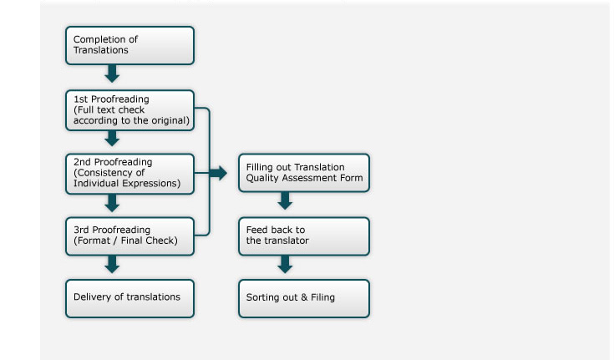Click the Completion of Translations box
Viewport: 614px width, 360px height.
129,45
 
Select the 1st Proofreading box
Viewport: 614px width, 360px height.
129,110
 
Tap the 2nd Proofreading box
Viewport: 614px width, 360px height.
129,174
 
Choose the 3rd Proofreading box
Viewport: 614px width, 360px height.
129,236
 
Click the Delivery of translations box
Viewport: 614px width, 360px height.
129,298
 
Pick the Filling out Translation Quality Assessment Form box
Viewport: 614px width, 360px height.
304,173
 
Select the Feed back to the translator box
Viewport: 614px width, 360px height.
304,236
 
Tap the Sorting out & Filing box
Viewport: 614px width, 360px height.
304,298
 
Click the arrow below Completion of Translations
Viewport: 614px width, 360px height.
112,74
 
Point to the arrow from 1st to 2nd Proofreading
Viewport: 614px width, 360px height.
112,139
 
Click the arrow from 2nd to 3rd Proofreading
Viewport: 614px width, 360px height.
112,203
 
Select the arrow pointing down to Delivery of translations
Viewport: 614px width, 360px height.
112,265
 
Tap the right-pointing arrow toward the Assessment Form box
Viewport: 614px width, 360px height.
218,173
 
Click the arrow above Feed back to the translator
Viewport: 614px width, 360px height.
285,200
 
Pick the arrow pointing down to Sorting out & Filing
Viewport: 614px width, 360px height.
285,265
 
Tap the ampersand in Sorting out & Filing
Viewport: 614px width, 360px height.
304,297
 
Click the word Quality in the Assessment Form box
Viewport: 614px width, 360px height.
263,178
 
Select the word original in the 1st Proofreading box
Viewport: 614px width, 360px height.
169,120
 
